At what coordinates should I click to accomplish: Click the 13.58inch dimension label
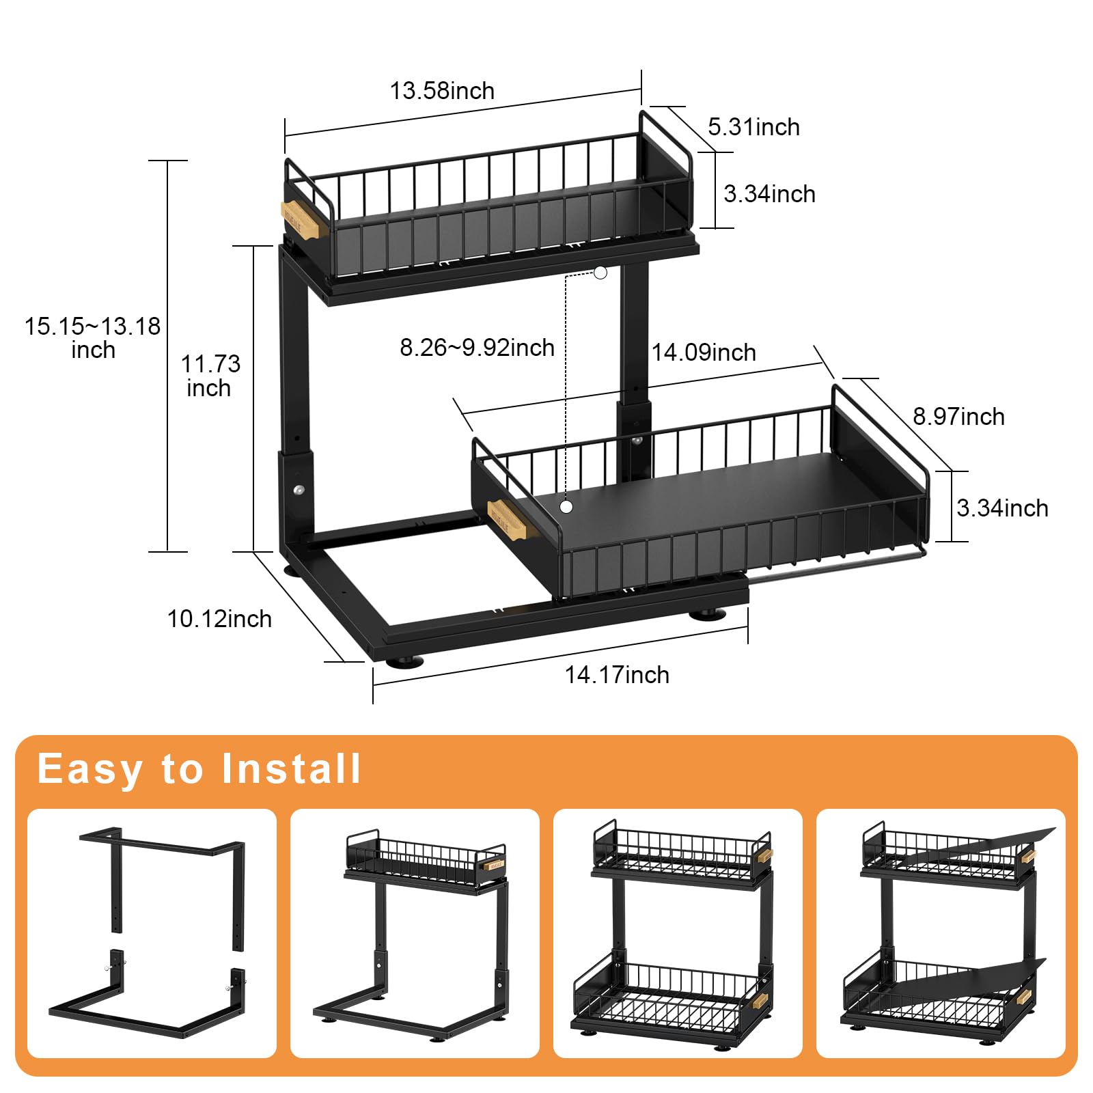[442, 91]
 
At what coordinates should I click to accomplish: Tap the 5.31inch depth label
[753, 127]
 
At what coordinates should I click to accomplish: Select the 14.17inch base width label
[617, 675]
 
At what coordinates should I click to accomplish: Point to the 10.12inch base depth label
[219, 619]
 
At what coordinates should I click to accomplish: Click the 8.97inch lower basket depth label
[958, 417]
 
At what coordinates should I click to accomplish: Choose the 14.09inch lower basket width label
[704, 352]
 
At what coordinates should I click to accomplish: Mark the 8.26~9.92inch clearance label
[477, 348]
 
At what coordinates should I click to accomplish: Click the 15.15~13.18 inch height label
[93, 337]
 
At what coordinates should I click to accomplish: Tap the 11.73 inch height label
[210, 376]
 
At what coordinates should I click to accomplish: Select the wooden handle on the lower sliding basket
[507, 519]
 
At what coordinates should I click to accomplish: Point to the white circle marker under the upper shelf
[600, 273]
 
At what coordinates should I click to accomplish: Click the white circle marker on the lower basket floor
[566, 507]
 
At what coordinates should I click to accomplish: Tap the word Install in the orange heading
[291, 769]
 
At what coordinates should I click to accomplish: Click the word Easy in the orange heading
[89, 769]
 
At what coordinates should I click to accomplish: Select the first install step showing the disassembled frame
[152, 933]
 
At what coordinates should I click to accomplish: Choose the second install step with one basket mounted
[415, 933]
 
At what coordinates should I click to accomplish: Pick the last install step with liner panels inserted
[941, 933]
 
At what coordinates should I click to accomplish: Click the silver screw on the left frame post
[299, 490]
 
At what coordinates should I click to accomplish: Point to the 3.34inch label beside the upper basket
[769, 194]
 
